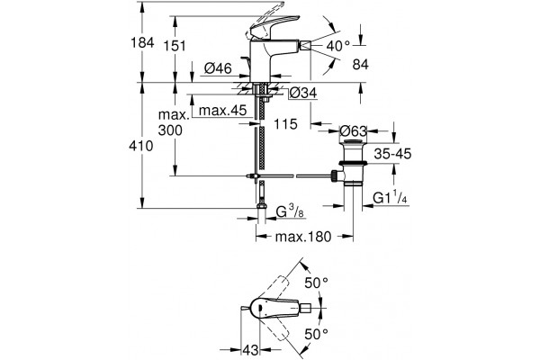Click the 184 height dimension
point(142,43)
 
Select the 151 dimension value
point(175,46)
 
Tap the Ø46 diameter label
point(219,68)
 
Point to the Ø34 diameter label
point(303,93)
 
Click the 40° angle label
point(337,46)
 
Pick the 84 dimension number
point(361,64)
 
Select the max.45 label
point(223,111)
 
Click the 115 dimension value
point(285,124)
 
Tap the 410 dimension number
point(141,146)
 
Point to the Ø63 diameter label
point(354,130)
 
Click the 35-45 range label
point(392,154)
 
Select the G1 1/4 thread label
point(391,198)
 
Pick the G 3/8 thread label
point(291,212)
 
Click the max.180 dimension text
point(303,237)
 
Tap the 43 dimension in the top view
point(250,350)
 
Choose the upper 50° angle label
point(316,283)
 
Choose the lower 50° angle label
point(316,334)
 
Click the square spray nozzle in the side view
point(306,46)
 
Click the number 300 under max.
point(170,130)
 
